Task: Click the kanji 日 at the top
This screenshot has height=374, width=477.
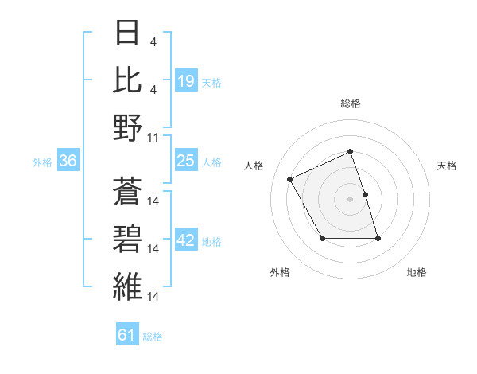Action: point(128,34)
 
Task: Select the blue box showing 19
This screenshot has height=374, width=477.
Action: point(186,80)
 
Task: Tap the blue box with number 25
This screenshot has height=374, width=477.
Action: point(186,162)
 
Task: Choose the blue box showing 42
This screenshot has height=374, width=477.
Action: point(186,241)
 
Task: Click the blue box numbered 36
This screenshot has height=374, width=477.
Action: point(68,162)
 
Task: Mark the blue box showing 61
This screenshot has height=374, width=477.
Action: point(127,335)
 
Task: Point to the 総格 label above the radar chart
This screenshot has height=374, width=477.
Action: point(350,104)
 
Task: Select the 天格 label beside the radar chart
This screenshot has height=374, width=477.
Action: point(448,166)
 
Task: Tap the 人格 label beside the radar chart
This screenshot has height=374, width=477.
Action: point(254,166)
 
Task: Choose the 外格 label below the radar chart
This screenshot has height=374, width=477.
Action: point(280,273)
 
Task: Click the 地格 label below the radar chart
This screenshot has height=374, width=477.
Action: point(417,273)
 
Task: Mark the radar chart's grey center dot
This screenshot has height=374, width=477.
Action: point(350,199)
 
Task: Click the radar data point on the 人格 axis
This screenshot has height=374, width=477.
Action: point(291,178)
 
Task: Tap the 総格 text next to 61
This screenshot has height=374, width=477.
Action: point(153,337)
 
